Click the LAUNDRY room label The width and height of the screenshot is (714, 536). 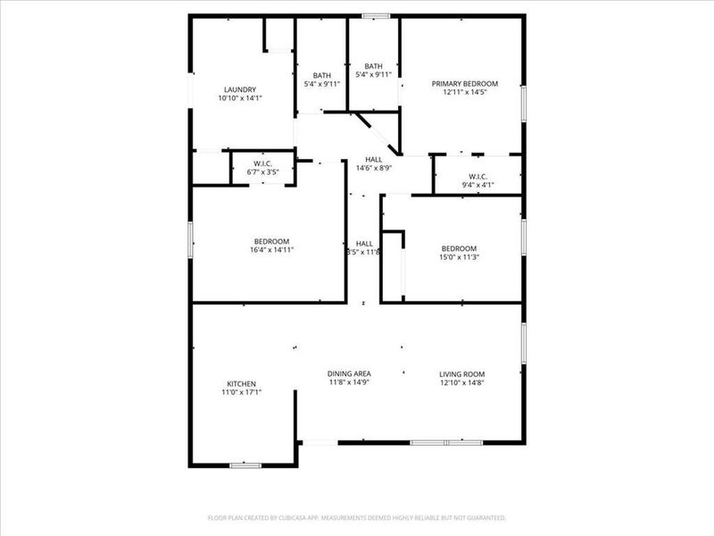pyautogui.click(x=241, y=89)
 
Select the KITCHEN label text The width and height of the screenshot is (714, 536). pyautogui.click(x=241, y=383)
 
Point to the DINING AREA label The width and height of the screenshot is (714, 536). pyautogui.click(x=349, y=373)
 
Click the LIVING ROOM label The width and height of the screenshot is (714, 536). pyautogui.click(x=461, y=373)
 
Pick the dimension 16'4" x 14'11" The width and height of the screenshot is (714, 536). pyautogui.click(x=271, y=250)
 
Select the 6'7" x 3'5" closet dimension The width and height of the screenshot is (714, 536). pyautogui.click(x=262, y=172)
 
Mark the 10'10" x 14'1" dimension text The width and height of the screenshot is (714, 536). pyautogui.click(x=241, y=98)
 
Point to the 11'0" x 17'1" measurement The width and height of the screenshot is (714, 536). pyautogui.click(x=241, y=392)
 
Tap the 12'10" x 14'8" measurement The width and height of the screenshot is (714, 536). pyautogui.click(x=461, y=382)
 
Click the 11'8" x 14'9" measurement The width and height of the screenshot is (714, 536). pyautogui.click(x=349, y=382)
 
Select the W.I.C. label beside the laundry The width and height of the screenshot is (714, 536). pyautogui.click(x=262, y=163)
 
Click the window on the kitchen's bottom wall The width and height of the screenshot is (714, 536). pyautogui.click(x=245, y=465)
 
